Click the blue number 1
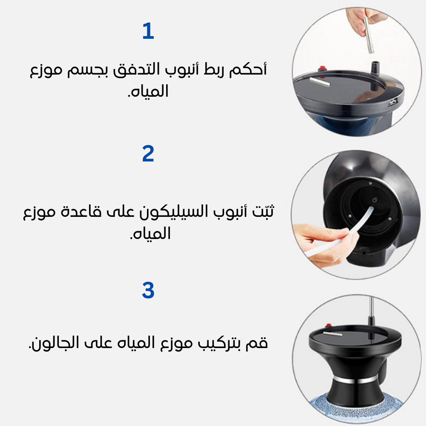pyautogui.click(x=148, y=32)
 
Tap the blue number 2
pyautogui.click(x=148, y=154)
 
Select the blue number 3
pyautogui.click(x=148, y=291)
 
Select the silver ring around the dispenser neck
pyautogui.click(x=356, y=379)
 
